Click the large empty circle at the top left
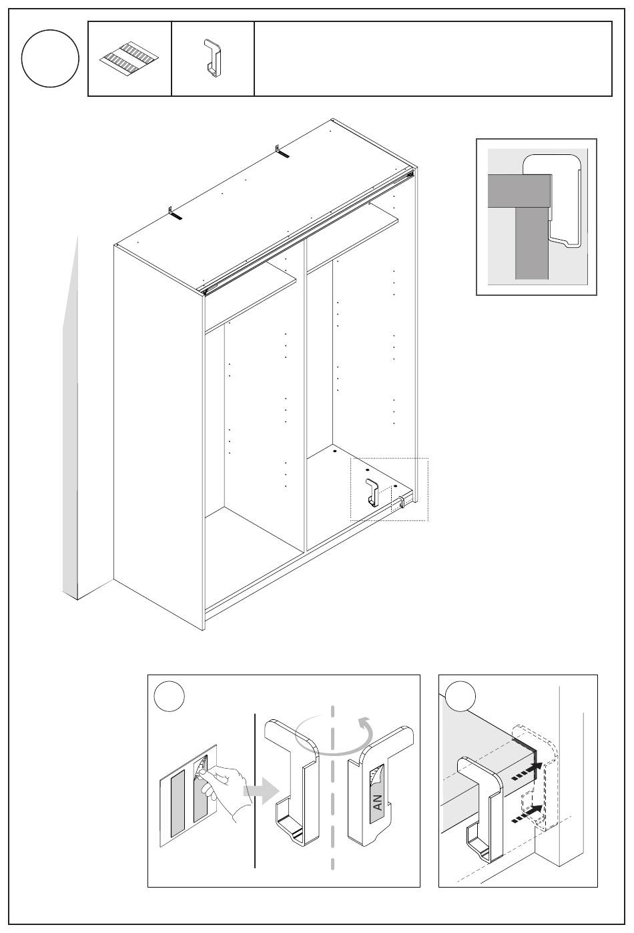tap(50, 58)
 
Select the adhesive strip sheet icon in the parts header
tap(129, 58)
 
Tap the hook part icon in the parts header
tap(212, 58)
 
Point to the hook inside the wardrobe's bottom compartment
tap(372, 492)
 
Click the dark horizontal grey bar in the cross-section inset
tap(519, 191)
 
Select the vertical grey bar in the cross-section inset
tap(531, 243)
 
